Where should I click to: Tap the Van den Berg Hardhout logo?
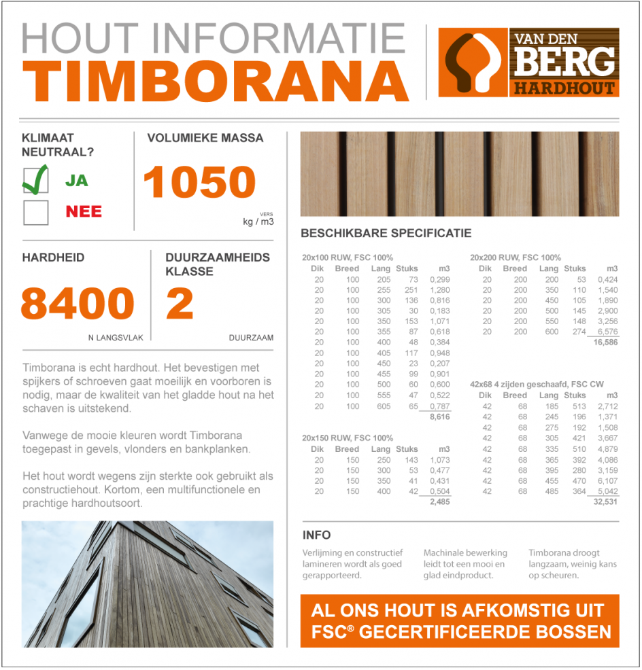click(528, 63)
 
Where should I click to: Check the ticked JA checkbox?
click(35, 180)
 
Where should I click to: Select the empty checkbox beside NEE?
click(35, 212)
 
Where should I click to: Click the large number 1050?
click(199, 183)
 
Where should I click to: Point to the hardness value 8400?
click(78, 304)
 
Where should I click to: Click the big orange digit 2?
click(180, 304)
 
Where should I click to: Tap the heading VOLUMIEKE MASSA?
click(205, 138)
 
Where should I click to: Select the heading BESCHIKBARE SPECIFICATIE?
click(386, 233)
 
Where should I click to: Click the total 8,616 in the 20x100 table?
click(439, 417)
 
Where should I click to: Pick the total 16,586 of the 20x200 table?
click(605, 343)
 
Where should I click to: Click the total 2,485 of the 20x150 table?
click(439, 501)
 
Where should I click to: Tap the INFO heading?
click(316, 535)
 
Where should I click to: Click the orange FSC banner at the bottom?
click(460, 621)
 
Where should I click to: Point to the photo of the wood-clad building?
click(148, 584)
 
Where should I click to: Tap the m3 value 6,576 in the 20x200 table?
click(607, 332)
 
